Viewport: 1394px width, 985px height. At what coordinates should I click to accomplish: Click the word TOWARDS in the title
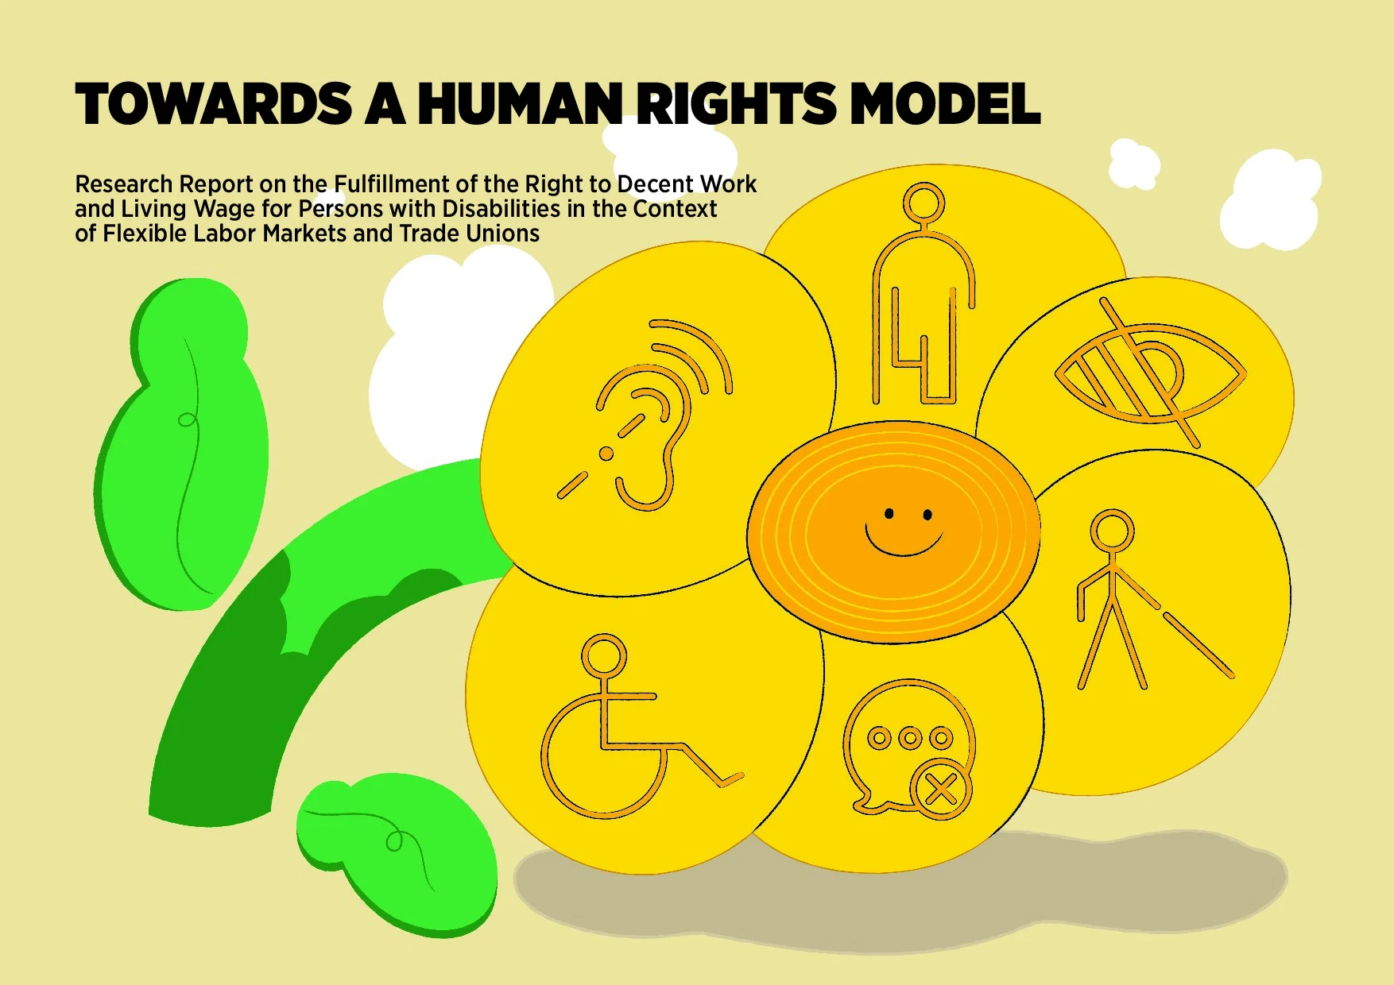[214, 104]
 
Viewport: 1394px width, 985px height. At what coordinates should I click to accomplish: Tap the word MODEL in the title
[945, 104]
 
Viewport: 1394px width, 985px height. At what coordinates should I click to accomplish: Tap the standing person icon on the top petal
[923, 294]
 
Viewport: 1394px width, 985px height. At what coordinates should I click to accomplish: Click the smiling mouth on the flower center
[904, 543]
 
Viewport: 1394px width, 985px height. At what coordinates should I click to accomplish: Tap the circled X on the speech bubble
[941, 790]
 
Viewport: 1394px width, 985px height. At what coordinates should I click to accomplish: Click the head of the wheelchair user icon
[605, 656]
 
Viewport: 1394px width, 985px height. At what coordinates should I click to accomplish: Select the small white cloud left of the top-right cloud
[1134, 164]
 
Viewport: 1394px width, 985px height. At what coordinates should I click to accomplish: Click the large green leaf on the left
[182, 445]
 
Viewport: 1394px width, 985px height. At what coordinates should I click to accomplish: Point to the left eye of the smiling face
[889, 514]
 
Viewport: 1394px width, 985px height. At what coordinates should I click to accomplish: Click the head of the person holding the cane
[1112, 531]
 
